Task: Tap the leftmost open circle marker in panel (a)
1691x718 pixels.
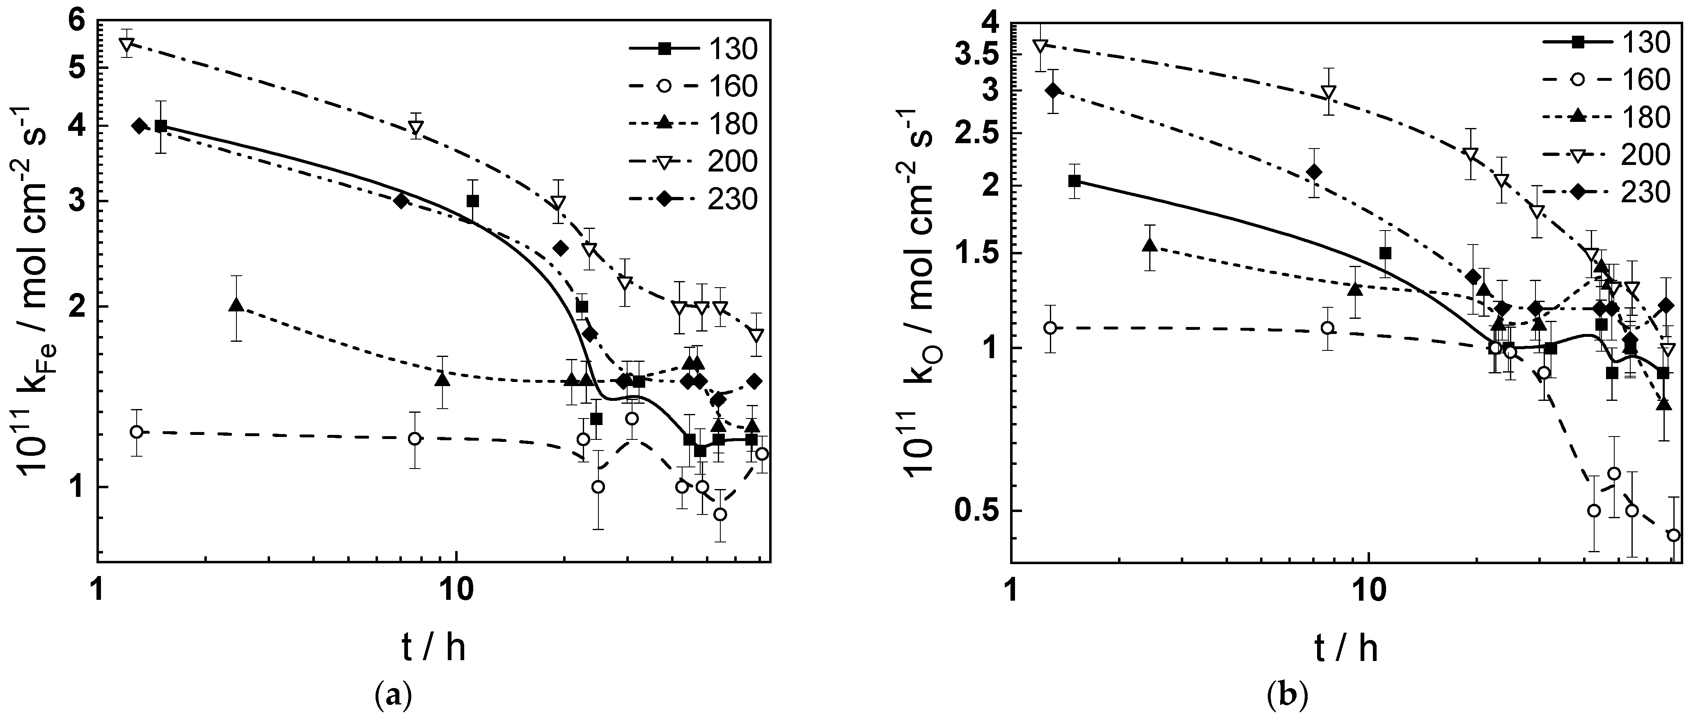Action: [137, 432]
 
